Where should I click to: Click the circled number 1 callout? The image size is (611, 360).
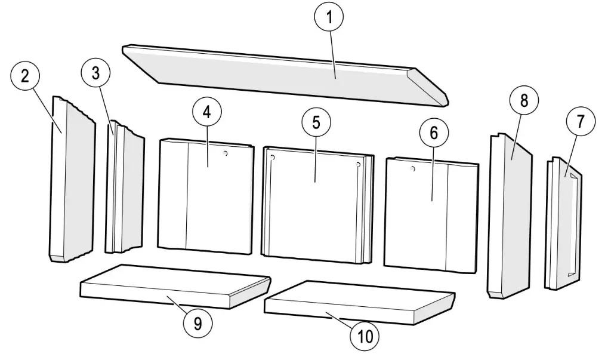pos(329,17)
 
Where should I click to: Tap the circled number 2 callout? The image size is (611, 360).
pos(25,76)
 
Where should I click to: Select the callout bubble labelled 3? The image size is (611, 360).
pos(95,73)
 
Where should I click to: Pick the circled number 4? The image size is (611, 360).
pos(207,112)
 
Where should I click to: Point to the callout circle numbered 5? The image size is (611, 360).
pos(316,122)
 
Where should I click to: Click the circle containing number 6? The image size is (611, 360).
pos(434,133)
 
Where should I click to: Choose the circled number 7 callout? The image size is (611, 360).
pos(581,121)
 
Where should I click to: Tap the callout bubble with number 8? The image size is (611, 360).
pos(524,100)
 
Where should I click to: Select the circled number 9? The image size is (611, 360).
pos(198,324)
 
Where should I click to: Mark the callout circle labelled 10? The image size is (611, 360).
pos(365,336)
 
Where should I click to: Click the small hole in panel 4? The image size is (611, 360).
pos(225,153)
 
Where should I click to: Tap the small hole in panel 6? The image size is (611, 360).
pos(413,169)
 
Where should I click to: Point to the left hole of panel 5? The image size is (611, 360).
pos(272,157)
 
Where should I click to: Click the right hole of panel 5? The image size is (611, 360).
pos(358,165)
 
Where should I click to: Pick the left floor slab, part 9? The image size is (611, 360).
pos(175,287)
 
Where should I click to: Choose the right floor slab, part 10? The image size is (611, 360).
pos(359,303)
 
